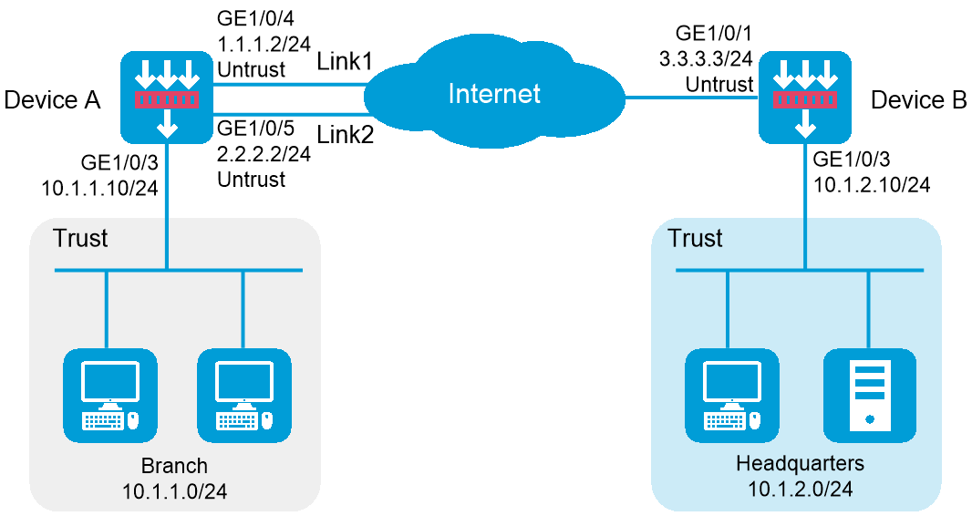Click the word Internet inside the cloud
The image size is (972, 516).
[x=494, y=94]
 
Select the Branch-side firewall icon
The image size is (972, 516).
[x=167, y=97]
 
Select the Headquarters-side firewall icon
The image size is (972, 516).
[x=805, y=97]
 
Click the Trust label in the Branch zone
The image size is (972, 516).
[x=80, y=239]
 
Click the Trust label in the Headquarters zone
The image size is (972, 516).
[x=695, y=239]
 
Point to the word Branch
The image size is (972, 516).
[x=174, y=466]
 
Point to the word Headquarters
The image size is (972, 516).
[x=800, y=464]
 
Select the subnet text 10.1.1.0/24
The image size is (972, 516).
[x=174, y=491]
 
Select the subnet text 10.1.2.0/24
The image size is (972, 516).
[x=800, y=490]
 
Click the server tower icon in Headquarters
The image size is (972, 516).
[x=870, y=395]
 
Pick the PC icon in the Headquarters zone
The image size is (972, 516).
[x=732, y=395]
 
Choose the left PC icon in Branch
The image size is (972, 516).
[x=109, y=395]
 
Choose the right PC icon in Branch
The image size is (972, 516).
[x=244, y=395]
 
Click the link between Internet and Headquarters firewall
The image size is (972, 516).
[x=691, y=97]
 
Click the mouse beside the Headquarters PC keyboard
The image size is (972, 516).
[x=754, y=420]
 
